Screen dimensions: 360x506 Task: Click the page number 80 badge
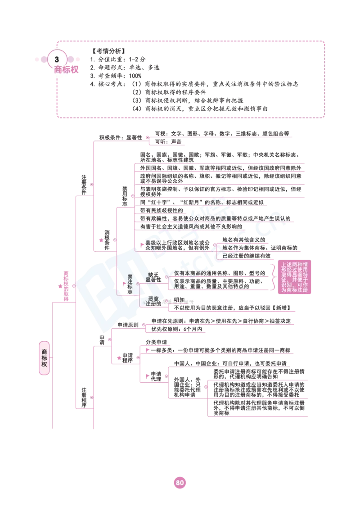180,483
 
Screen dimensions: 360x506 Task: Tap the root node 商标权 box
44,358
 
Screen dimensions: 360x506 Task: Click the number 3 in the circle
57,59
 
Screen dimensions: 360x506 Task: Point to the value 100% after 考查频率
135,76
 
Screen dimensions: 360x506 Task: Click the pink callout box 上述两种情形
294,277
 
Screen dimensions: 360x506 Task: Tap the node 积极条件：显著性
121,137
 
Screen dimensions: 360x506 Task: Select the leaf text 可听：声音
168,142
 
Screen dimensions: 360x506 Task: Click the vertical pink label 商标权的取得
66,286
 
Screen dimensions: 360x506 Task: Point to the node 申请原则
128,325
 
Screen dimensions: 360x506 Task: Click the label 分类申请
157,342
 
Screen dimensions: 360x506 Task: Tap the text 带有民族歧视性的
162,210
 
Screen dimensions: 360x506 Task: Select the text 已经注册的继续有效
247,256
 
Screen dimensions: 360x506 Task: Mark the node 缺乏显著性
153,277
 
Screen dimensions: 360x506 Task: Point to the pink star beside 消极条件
101,240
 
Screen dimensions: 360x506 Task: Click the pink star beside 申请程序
119,358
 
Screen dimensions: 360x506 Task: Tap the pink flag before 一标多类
148,350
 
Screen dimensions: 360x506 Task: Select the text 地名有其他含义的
244,240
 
